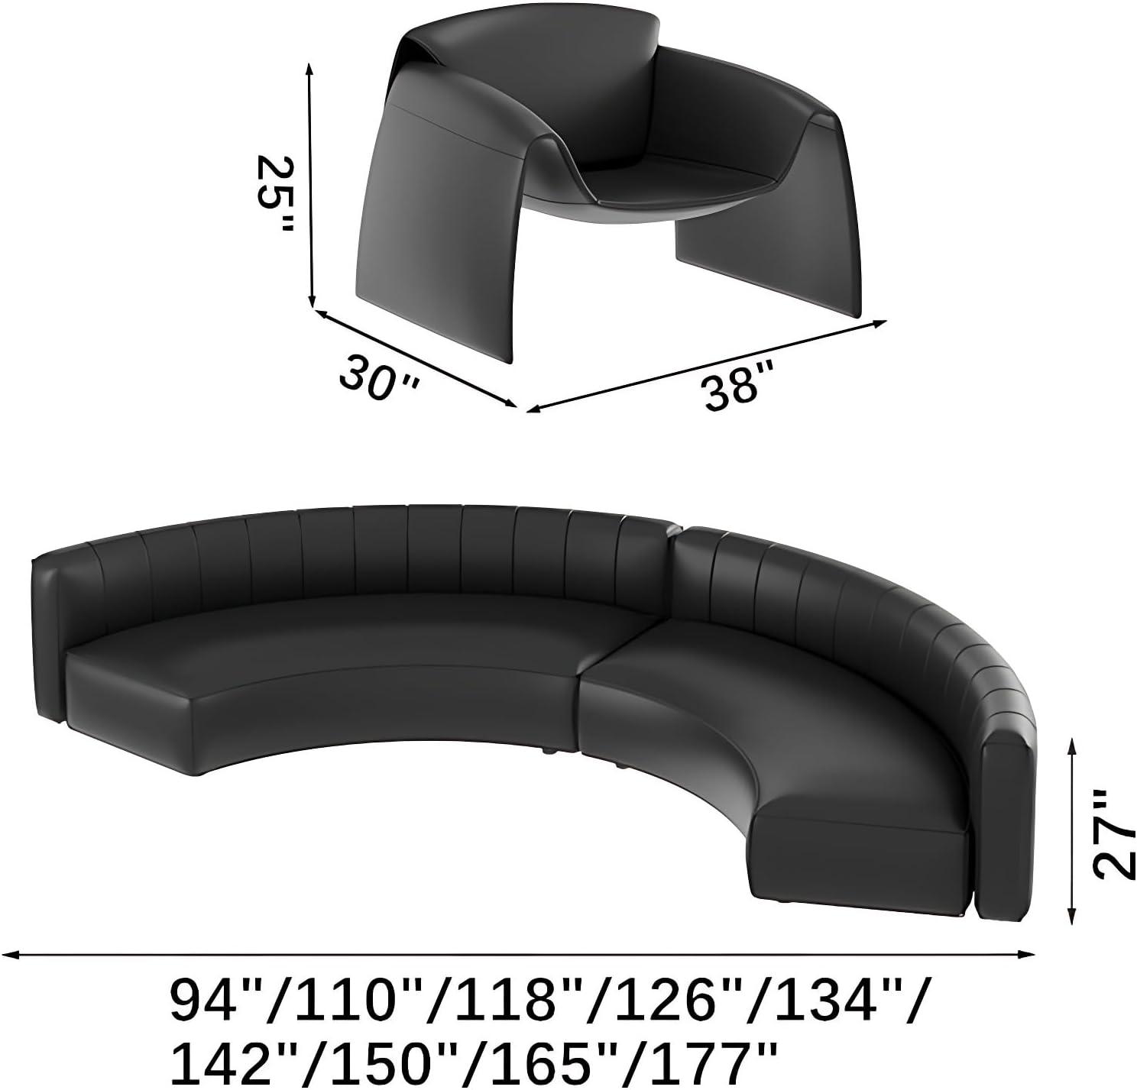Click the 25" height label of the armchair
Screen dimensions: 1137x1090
tap(274, 193)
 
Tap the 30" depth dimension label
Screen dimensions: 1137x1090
tap(378, 377)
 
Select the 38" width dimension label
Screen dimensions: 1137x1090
tap(739, 383)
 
